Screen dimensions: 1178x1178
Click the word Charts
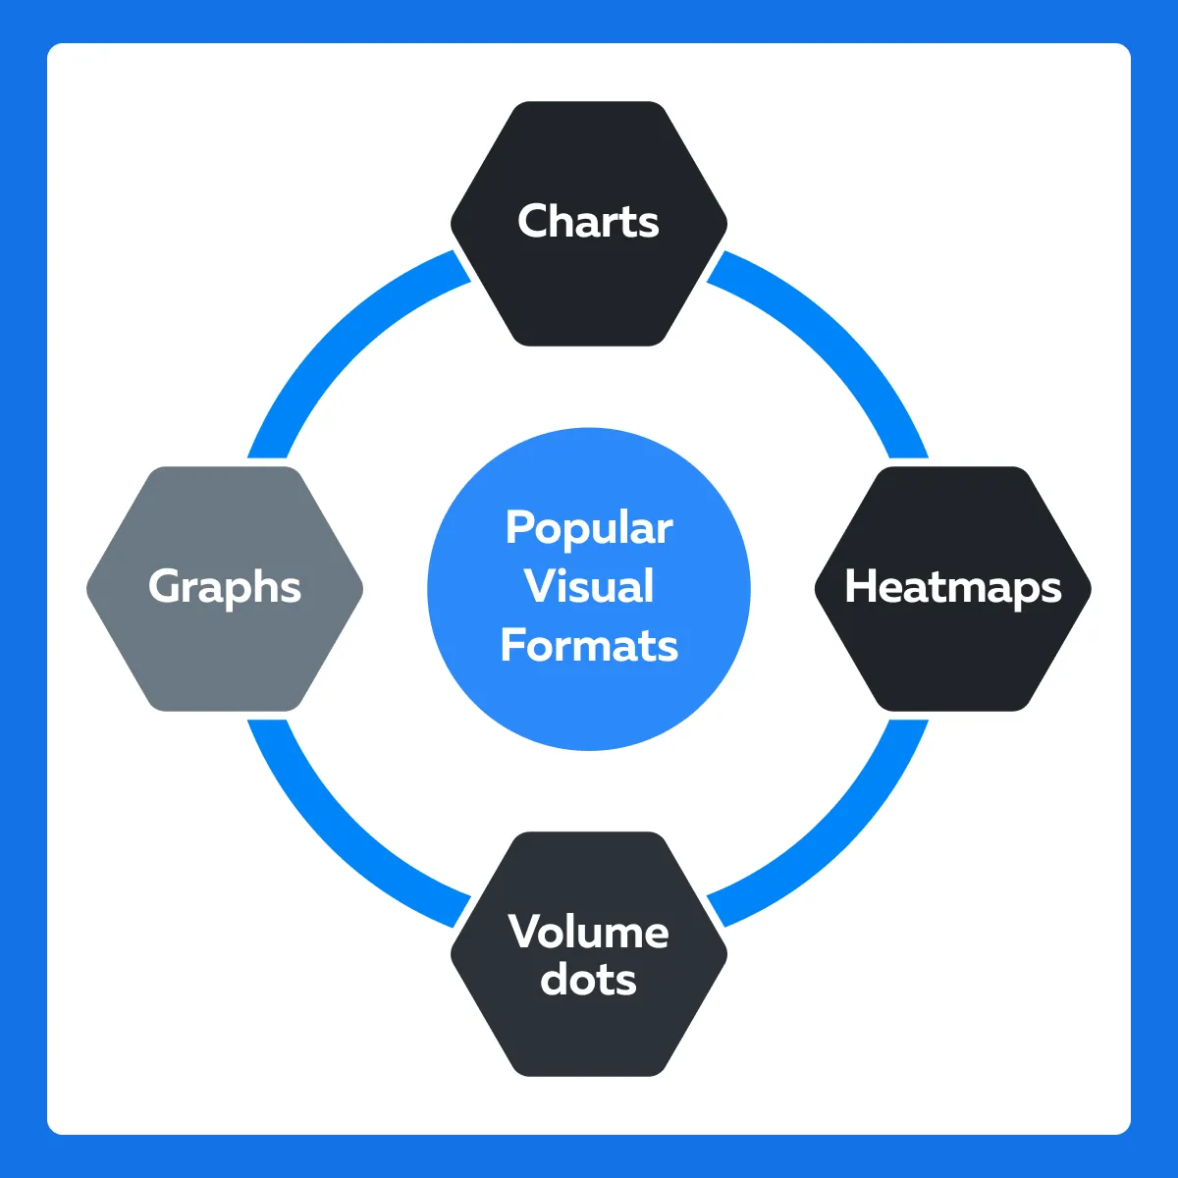(588, 221)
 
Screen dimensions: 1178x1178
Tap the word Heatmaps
(953, 587)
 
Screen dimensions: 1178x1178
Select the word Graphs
(225, 587)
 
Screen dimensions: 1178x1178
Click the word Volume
(588, 932)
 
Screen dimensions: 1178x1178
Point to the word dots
(588, 980)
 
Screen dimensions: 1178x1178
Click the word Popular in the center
(589, 529)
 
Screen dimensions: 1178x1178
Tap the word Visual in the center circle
(589, 586)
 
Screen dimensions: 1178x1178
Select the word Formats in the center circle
(589, 645)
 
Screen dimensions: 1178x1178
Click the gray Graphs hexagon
(225, 588)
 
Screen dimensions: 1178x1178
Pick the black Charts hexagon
(589, 224)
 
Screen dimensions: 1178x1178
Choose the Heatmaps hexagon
(953, 588)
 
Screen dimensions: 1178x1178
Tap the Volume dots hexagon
(589, 954)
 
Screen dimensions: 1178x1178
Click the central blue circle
(589, 589)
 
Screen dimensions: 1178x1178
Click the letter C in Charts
(533, 221)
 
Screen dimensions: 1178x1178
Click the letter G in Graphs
(165, 586)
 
